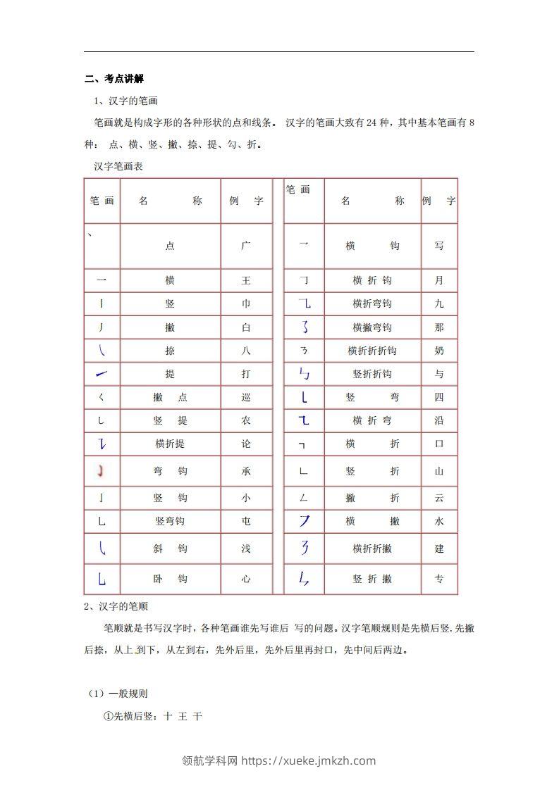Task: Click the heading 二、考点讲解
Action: pos(114,78)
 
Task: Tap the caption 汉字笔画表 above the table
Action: pos(118,167)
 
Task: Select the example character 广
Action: pos(246,246)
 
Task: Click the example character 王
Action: pos(246,280)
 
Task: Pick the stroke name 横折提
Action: pos(170,444)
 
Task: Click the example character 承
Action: pos(246,470)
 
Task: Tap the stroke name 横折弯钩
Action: pos(372,303)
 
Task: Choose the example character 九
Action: pos(439,303)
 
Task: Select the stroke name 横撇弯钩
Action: pos(372,327)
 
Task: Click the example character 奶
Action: pos(439,351)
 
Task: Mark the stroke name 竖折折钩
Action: pos(372,374)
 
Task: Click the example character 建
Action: pos(439,548)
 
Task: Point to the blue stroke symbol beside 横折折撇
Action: pos(304,548)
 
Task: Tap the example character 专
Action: pos(439,579)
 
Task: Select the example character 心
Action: pos(246,579)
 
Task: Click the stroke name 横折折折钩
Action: pos(372,351)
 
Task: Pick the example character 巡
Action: pos(246,397)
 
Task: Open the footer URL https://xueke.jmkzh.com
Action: pos(308,760)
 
